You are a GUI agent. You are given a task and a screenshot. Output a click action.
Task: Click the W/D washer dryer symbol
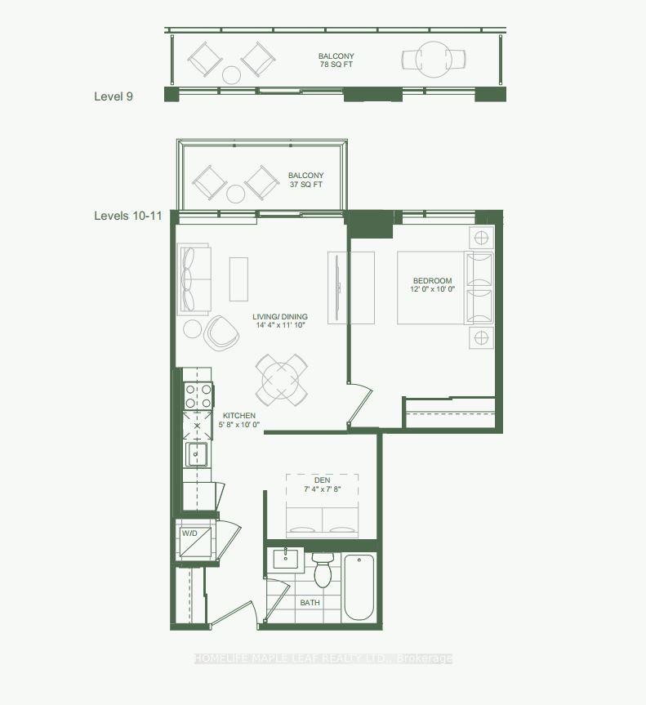pos(196,540)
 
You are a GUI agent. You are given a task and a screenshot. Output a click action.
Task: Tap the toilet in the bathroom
pos(323,569)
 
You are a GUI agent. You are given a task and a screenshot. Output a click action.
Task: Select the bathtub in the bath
pos(359,587)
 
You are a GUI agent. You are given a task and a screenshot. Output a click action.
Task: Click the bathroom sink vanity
pos(287,560)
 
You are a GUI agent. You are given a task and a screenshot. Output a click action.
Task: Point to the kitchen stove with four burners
pos(197,396)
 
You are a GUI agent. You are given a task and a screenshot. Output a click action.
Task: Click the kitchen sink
pos(197,453)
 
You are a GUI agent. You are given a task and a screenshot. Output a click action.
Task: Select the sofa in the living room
pos(194,279)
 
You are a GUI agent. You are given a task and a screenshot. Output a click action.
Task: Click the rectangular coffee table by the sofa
pos(238,279)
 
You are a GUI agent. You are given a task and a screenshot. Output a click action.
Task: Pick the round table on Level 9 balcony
pos(432,59)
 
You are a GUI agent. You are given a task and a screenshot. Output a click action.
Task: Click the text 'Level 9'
pos(114,96)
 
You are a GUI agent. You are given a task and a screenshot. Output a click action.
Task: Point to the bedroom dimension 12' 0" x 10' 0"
pos(432,289)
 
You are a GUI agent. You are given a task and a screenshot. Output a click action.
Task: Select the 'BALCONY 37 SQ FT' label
pos(305,180)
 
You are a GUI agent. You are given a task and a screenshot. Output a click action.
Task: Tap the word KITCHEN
pos(239,415)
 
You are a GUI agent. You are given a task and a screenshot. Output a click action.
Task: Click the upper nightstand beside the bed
pos(481,238)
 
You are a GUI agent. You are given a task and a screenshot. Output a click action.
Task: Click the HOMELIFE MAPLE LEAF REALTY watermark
pos(323,658)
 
